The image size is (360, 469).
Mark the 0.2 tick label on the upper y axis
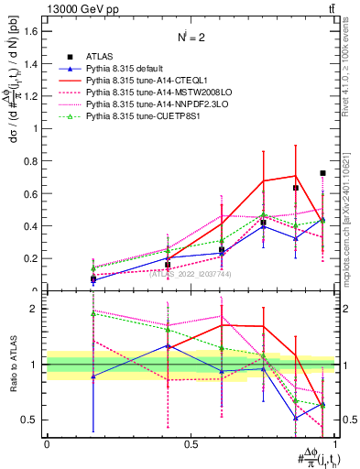32,258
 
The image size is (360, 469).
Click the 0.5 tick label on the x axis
191,443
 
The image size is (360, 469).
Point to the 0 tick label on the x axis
47,443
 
